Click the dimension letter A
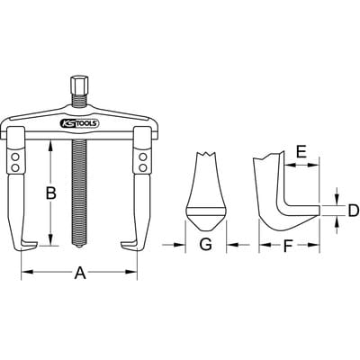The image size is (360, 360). pos(80,273)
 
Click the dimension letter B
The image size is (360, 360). pos(51,193)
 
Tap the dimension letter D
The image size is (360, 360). pos(354,211)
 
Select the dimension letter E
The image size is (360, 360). pos(301,152)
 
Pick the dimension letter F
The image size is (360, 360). pos(288,247)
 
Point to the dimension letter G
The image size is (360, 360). pos(206,245)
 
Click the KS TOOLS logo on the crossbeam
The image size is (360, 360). pos(80,123)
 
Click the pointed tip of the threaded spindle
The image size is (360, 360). pos(78,246)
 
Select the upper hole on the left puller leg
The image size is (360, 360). pos(15,157)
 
